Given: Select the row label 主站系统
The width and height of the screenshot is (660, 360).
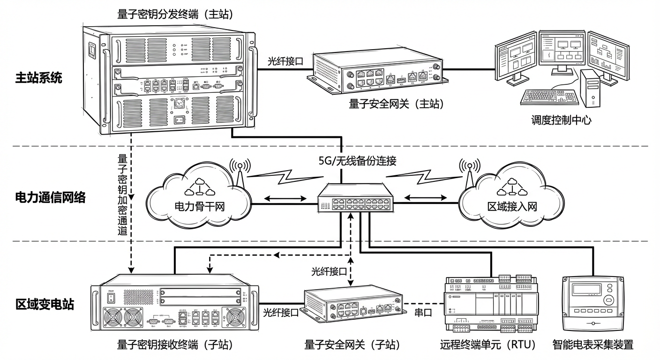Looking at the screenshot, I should (38, 77).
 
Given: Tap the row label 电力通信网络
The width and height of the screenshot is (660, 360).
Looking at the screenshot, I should (51, 197).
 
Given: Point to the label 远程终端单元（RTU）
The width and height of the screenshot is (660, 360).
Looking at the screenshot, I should (488, 345).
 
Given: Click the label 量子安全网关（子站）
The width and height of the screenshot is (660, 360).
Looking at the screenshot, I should (352, 345).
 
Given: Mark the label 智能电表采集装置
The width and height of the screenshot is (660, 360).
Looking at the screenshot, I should (593, 345).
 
